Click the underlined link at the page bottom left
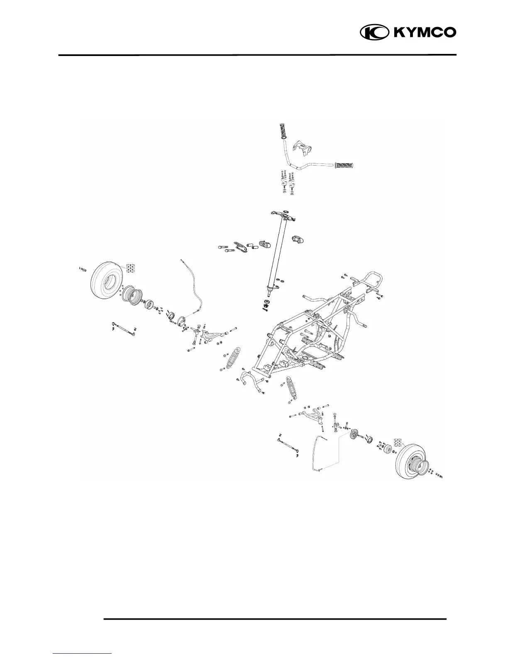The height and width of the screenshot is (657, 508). [x=83, y=654]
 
